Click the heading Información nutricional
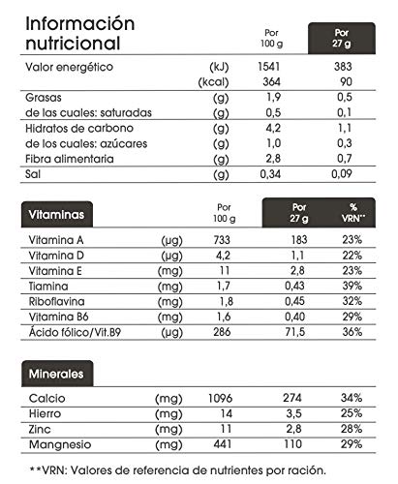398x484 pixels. [x=86, y=32]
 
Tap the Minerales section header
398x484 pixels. [x=54, y=373]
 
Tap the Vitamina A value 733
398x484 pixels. [x=226, y=239]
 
